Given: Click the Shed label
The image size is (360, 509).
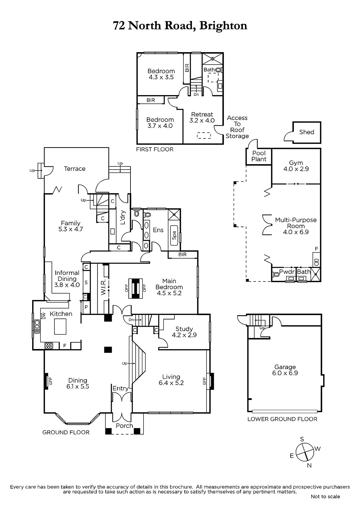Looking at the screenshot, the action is click(x=307, y=132).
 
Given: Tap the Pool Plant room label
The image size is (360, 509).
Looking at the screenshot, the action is click(x=259, y=156).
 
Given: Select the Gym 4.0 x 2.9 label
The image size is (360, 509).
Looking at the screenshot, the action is click(x=296, y=166).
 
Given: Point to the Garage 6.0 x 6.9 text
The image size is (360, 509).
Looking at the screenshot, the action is click(x=285, y=370).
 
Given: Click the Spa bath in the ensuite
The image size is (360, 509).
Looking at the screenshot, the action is click(x=174, y=235).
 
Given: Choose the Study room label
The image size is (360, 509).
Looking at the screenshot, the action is click(x=184, y=332).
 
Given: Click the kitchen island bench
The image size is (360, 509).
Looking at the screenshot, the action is click(x=60, y=326).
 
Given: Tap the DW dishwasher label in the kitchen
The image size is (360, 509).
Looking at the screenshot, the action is click(x=44, y=316).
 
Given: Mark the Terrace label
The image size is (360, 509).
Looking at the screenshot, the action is click(x=74, y=169).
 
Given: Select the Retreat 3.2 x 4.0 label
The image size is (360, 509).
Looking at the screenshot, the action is click(x=202, y=117).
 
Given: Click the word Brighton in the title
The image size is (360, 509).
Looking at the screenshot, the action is click(x=223, y=26).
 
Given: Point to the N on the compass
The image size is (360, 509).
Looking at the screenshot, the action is click(x=309, y=466).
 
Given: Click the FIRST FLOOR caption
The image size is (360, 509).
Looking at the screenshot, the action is click(x=155, y=149).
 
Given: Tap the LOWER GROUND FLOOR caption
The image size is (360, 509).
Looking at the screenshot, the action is click(x=282, y=419).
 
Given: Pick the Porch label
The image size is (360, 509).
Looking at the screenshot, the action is click(x=124, y=426).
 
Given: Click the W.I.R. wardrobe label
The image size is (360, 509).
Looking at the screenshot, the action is click(x=103, y=287).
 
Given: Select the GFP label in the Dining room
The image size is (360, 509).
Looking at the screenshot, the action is click(x=51, y=381).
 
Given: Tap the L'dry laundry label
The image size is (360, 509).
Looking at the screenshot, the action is click(x=122, y=218).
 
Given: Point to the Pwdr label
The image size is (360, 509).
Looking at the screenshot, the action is click(x=287, y=272).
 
